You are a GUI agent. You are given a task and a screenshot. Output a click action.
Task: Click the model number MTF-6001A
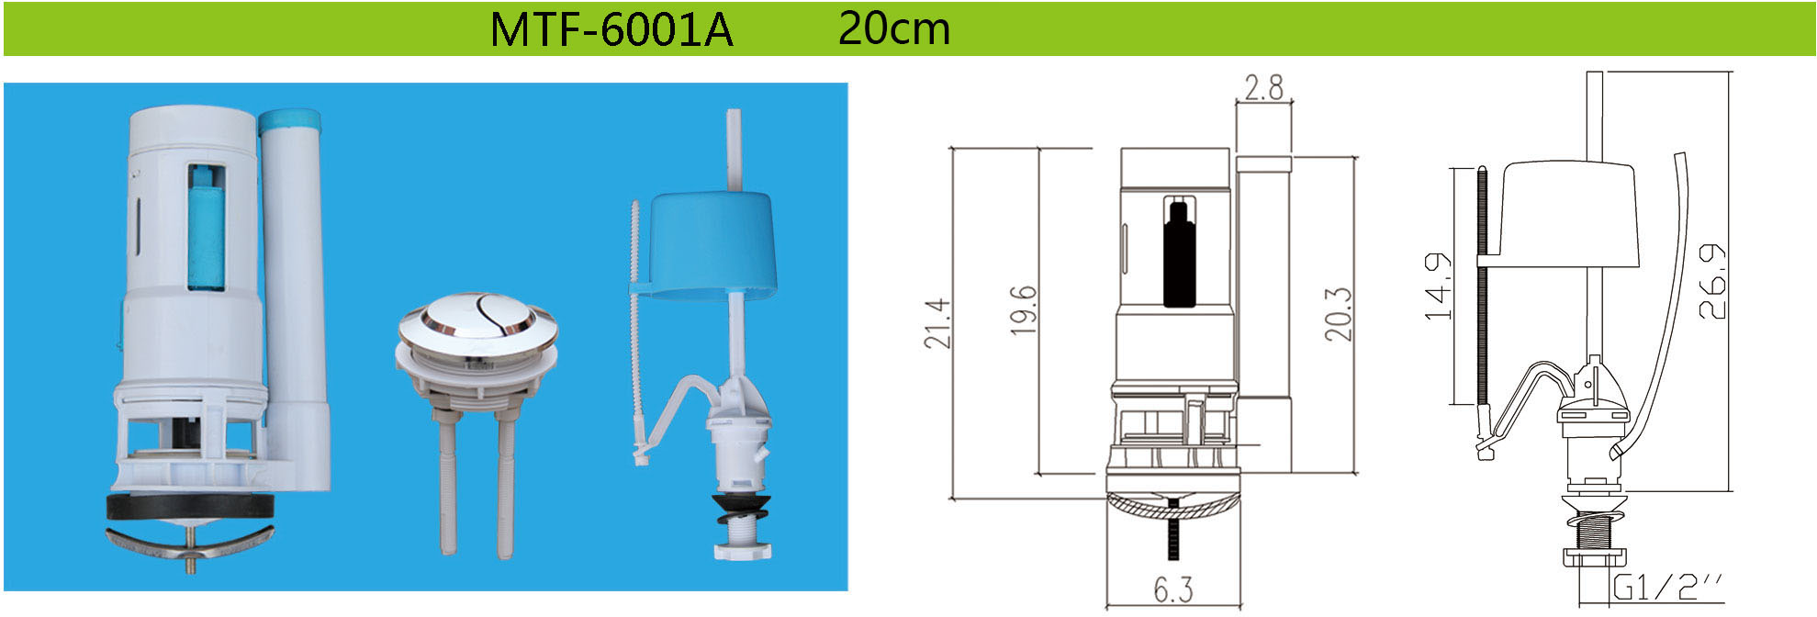pos(611,29)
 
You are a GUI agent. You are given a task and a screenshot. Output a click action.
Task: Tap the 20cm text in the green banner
pos(894,28)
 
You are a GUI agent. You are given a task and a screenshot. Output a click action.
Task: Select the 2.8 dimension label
pos(1263,87)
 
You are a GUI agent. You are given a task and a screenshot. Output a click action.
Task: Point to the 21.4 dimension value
pos(937,322)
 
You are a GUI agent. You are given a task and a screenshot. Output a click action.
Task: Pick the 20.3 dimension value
pos(1338,314)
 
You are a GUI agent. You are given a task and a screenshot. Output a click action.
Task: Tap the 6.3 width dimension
pos(1172,589)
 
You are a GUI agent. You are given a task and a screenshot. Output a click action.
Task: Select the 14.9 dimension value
pos(1437,286)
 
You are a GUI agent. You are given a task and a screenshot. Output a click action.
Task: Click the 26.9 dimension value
pos(1711,282)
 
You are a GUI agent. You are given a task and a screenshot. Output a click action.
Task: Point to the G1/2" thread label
pos(1668,587)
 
